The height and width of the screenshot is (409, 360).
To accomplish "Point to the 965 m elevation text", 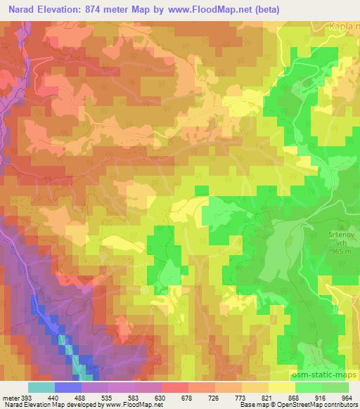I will click(342, 251).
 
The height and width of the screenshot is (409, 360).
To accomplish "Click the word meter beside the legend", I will click(11, 396).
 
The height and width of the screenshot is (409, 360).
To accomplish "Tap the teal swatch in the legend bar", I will click(41, 387).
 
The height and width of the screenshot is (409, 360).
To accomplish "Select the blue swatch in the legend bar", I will click(68, 387).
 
